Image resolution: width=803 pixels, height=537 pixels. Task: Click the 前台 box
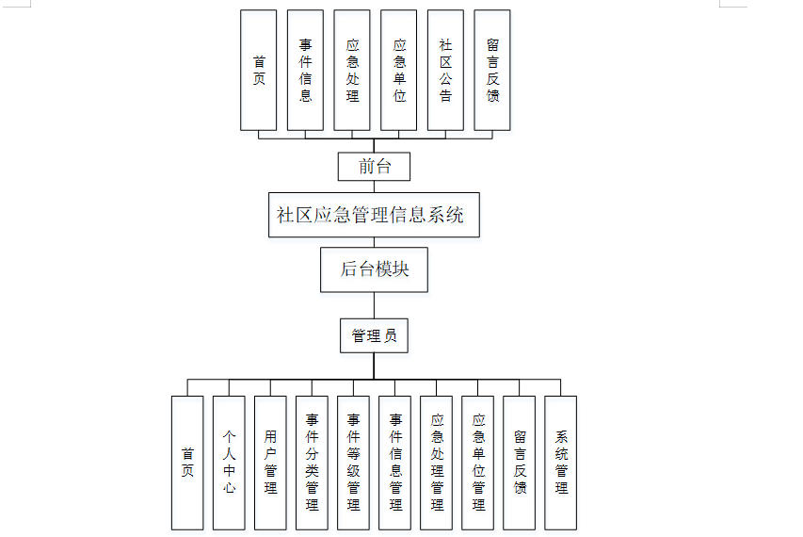click(375, 167)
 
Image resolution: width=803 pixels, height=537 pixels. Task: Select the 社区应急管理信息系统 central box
click(374, 215)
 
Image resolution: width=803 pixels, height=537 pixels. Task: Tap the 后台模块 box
click(374, 269)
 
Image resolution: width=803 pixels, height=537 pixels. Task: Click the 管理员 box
click(374, 335)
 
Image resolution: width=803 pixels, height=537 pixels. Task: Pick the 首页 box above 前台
click(259, 71)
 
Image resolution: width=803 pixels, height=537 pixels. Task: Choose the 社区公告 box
click(445, 71)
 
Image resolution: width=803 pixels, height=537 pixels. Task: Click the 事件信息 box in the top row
click(305, 71)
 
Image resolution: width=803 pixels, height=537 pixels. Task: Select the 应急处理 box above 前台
click(352, 71)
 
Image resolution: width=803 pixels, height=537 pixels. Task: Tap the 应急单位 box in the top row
click(399, 71)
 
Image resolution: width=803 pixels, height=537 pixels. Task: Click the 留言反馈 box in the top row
click(492, 71)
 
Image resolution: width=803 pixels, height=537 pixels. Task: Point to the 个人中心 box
click(229, 462)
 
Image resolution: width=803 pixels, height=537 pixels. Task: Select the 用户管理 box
click(270, 462)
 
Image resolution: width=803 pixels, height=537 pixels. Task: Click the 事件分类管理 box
click(312, 462)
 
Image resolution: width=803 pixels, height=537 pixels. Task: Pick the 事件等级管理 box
click(353, 462)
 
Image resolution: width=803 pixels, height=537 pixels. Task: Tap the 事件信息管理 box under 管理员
click(394, 462)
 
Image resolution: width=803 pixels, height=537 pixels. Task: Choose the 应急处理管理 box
click(437, 462)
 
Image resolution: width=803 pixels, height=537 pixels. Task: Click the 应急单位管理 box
click(478, 462)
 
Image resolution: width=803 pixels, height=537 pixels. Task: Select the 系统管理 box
click(561, 462)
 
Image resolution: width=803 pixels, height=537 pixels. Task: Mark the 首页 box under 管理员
click(187, 462)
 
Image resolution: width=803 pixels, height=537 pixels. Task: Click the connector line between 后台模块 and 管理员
click(374, 305)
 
